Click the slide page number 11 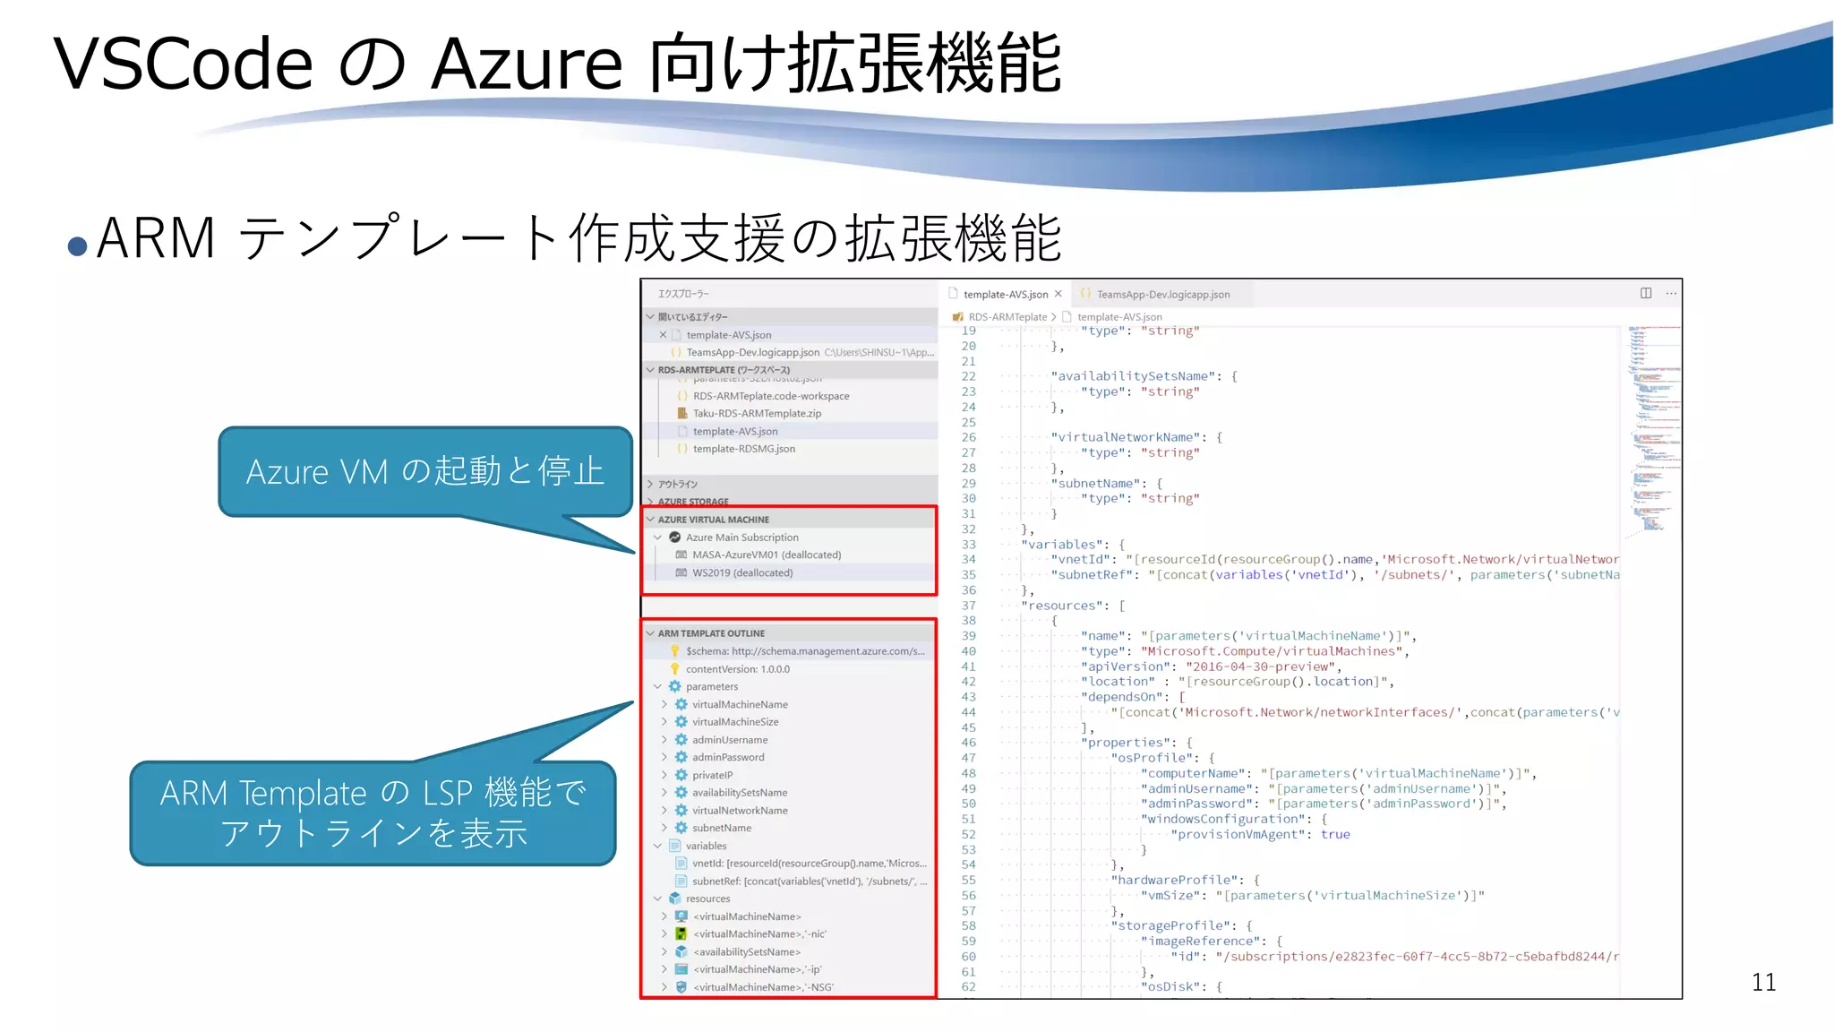[1763, 983]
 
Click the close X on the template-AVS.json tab [1058, 294]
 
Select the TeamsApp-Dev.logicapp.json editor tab [1162, 295]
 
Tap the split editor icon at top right [1646, 293]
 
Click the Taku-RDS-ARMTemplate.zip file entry [757, 413]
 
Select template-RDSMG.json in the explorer [743, 449]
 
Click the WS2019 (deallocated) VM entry [741, 572]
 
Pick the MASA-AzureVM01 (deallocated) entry [766, 555]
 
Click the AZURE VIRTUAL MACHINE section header [714, 520]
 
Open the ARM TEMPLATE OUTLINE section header [711, 633]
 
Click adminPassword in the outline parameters [728, 757]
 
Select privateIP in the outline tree [712, 775]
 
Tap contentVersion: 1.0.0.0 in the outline [737, 669]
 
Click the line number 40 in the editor [969, 651]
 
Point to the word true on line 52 [1334, 834]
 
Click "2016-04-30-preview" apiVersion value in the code [1259, 666]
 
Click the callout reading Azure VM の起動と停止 [425, 471]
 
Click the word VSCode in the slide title [184, 64]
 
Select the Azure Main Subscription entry [741, 537]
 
